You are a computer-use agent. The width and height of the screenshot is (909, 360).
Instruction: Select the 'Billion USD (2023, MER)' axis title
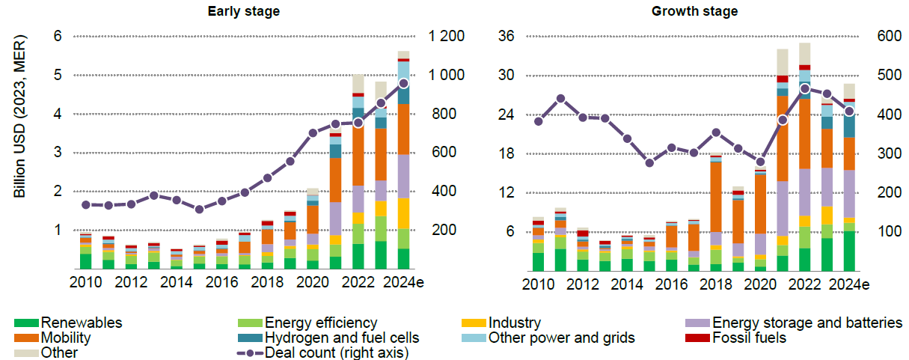[x=21, y=117]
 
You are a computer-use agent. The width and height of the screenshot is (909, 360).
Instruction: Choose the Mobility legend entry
[x=67, y=338]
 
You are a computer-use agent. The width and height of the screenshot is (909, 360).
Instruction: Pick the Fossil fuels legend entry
[x=749, y=338]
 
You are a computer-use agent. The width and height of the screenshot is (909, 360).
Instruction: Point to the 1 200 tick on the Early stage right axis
[x=447, y=36]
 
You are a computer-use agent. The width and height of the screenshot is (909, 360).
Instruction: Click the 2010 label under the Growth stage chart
[x=539, y=284]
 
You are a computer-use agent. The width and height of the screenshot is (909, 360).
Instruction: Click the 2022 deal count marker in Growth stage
[x=805, y=88]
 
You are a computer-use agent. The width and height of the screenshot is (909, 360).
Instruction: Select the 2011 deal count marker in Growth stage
[x=560, y=98]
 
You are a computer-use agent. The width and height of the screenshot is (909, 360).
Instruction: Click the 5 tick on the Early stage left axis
[x=57, y=75]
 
